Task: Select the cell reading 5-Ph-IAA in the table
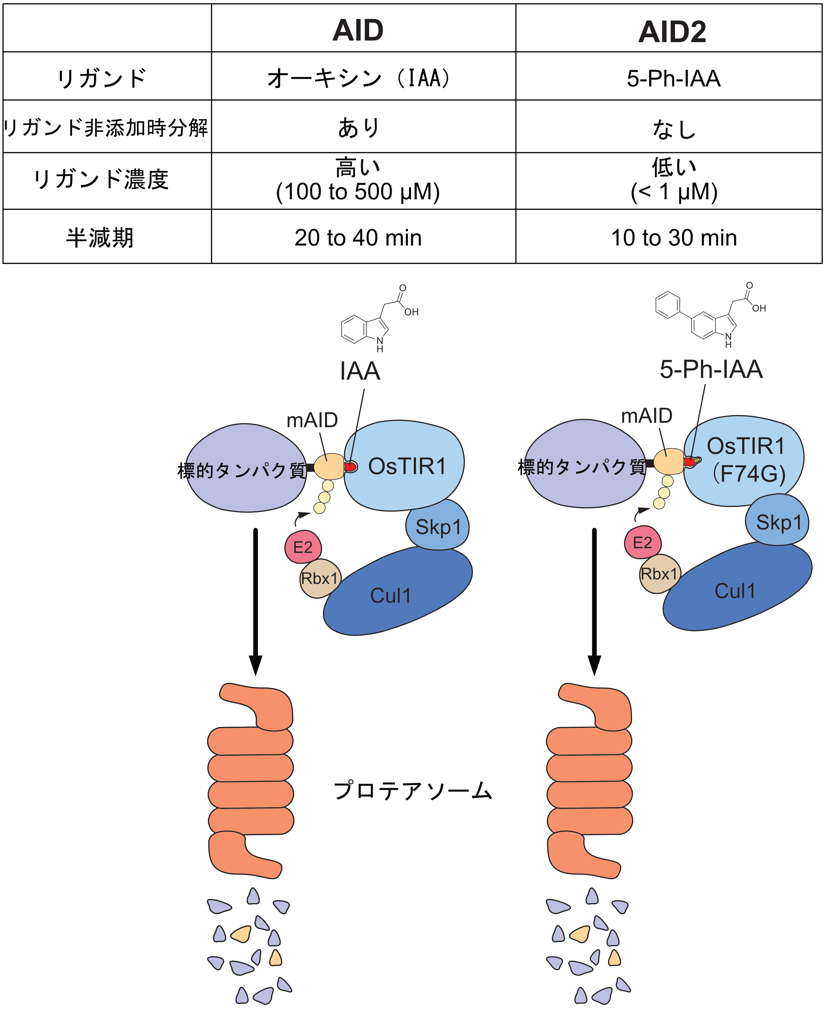click(673, 78)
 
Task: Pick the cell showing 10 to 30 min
click(673, 237)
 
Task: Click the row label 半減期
click(100, 237)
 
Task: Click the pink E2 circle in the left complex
click(303, 547)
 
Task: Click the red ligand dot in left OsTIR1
click(351, 467)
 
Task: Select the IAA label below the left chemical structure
click(360, 371)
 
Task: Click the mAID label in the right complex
click(646, 416)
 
